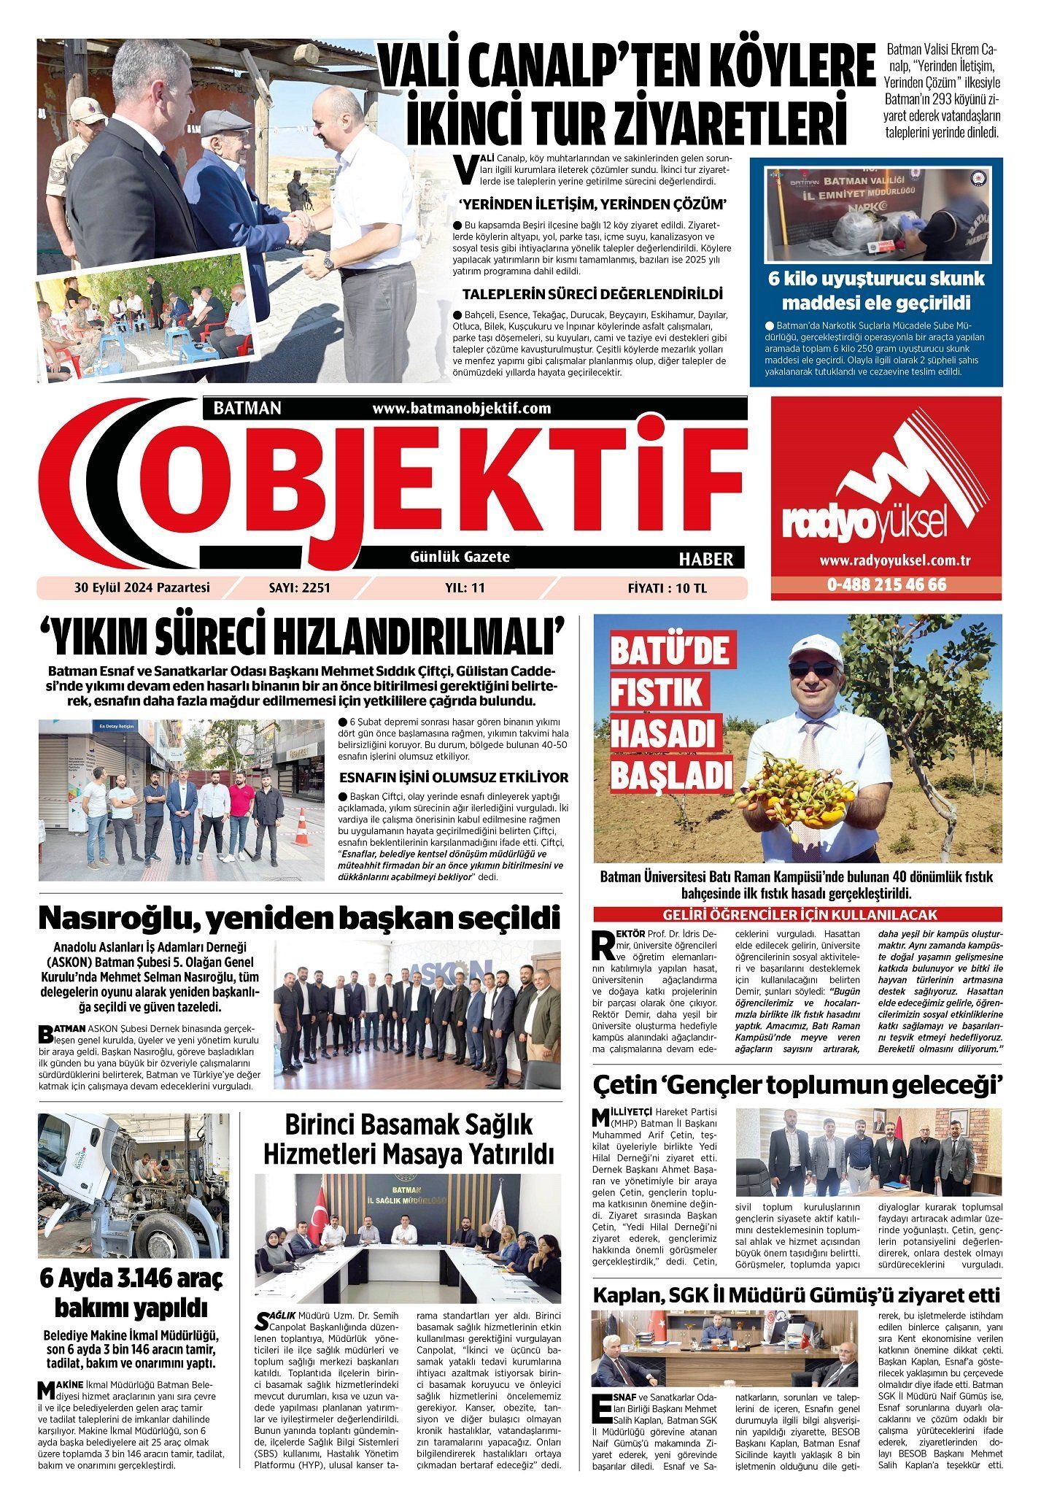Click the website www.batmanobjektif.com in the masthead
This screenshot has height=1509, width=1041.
coord(461,409)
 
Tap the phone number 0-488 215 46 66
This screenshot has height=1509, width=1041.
coord(886,584)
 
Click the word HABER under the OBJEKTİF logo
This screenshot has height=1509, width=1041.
coord(705,559)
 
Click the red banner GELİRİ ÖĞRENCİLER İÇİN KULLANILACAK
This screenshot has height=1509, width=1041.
coord(800,914)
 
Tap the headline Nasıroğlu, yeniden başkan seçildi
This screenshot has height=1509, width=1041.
coord(299,918)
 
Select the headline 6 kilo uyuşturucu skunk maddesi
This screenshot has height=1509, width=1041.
coord(876,290)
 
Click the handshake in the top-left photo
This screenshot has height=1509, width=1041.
coord(298,228)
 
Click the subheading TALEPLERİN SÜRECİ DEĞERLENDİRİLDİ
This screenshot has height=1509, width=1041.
coord(592,294)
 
